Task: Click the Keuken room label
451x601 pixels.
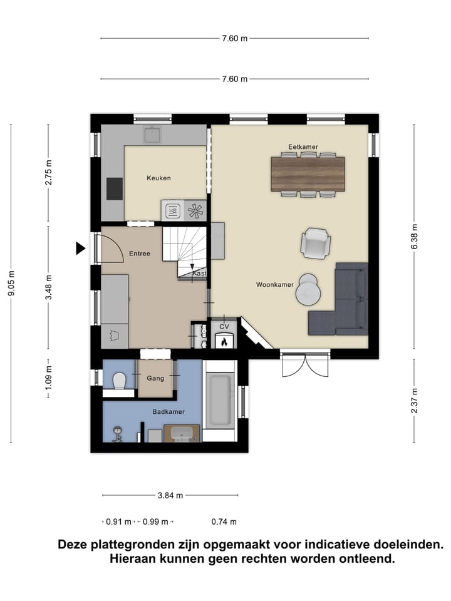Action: click(x=158, y=178)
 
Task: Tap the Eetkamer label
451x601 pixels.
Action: click(x=303, y=147)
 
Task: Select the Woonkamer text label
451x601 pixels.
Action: click(x=275, y=285)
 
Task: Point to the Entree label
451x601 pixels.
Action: click(x=139, y=254)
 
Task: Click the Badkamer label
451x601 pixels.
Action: click(x=168, y=412)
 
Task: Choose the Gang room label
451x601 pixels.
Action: click(x=155, y=379)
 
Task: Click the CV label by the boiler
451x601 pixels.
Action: click(x=224, y=326)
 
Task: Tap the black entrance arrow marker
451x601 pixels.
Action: click(x=80, y=249)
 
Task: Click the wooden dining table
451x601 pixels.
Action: click(x=308, y=173)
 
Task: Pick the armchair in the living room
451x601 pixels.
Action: click(x=316, y=243)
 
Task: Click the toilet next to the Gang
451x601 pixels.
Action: click(x=120, y=380)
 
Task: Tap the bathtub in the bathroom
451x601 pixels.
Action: click(x=220, y=399)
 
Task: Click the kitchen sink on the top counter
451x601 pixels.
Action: click(x=152, y=135)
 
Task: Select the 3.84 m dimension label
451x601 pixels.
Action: click(x=170, y=495)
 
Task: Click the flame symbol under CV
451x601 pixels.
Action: click(x=224, y=341)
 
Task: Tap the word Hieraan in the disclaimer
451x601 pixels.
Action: click(x=133, y=558)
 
